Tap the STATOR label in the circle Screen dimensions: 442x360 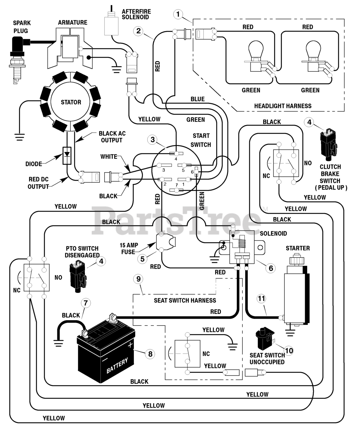click(71, 102)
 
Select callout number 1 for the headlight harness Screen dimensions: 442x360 click(178, 14)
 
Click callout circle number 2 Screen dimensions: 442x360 click(138, 31)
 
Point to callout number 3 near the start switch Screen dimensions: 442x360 click(153, 140)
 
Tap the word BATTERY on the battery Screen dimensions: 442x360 click(117, 365)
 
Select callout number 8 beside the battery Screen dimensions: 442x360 click(149, 354)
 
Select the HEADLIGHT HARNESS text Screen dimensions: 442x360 click(283, 106)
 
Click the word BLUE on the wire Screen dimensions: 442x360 click(197, 99)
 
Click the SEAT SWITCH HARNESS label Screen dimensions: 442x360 click(185, 300)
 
